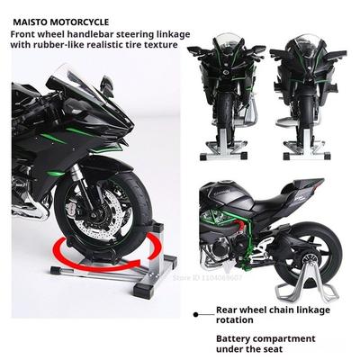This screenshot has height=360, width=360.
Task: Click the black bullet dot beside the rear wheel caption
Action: [196, 314]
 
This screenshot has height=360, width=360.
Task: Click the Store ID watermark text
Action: [208, 277]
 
